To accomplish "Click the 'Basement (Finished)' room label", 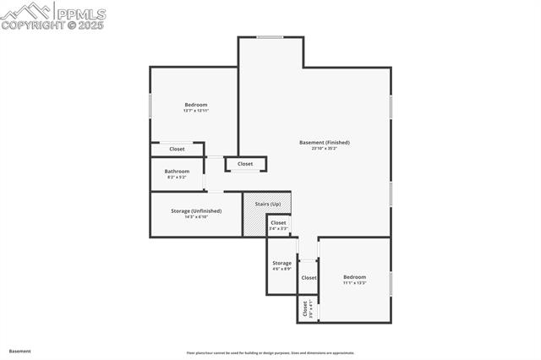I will pos(324,142).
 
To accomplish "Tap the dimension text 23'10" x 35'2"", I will pos(324,148).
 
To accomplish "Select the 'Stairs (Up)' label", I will pos(267,205).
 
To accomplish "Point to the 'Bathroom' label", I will pos(177,171).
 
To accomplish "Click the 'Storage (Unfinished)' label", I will pos(195,210).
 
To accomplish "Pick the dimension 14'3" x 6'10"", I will pos(195,216).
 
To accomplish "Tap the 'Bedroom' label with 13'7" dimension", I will pos(195,105).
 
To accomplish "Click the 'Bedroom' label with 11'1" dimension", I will pos(354,277).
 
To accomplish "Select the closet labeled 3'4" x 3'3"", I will pos(278,228).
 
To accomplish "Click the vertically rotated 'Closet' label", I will pos(305,309).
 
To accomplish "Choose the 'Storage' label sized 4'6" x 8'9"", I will pos(281,263).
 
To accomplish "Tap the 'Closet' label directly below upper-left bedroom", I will pos(177,149).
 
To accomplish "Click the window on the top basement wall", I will pos(270,37).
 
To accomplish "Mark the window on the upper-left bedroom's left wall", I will pos(150,105).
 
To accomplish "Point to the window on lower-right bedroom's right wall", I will pos(391,283).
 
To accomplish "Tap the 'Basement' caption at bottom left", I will pos(20,351).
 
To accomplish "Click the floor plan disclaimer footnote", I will pos(270,353).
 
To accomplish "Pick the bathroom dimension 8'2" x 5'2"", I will pos(177,177).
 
